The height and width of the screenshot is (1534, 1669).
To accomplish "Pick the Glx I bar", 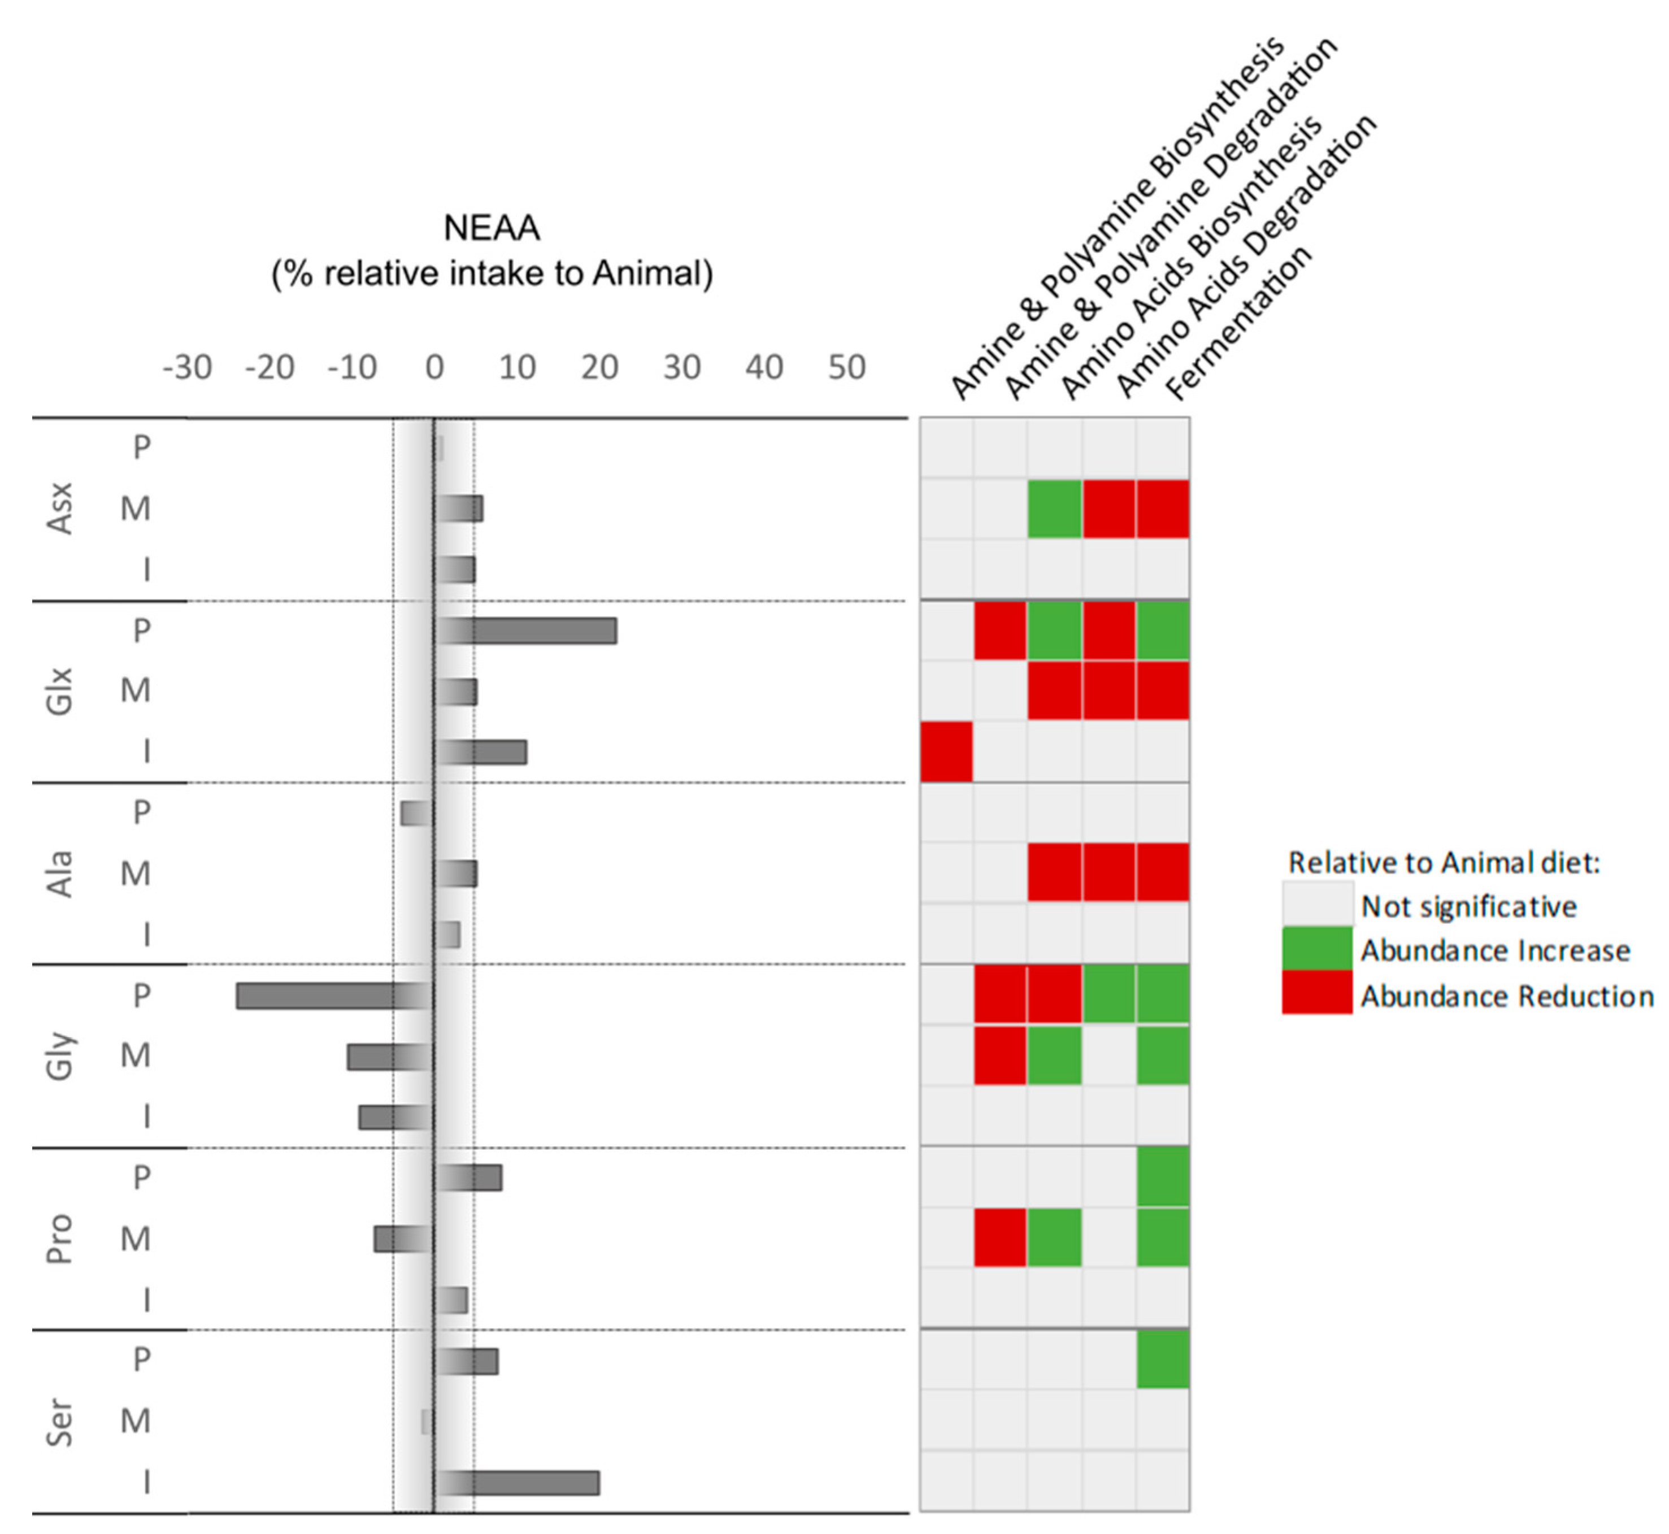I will (481, 752).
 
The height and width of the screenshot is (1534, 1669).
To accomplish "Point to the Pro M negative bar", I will (403, 1239).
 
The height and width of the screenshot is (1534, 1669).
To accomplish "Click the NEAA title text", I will (492, 228).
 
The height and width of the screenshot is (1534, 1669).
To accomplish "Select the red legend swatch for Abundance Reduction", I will (1316, 994).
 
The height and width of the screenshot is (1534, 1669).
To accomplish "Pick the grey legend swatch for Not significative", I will (1316, 905).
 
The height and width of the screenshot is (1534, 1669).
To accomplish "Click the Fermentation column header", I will (1238, 324).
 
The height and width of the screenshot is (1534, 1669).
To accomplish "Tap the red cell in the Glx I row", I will (946, 752).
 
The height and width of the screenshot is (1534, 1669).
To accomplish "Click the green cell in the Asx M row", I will (1054, 509).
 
